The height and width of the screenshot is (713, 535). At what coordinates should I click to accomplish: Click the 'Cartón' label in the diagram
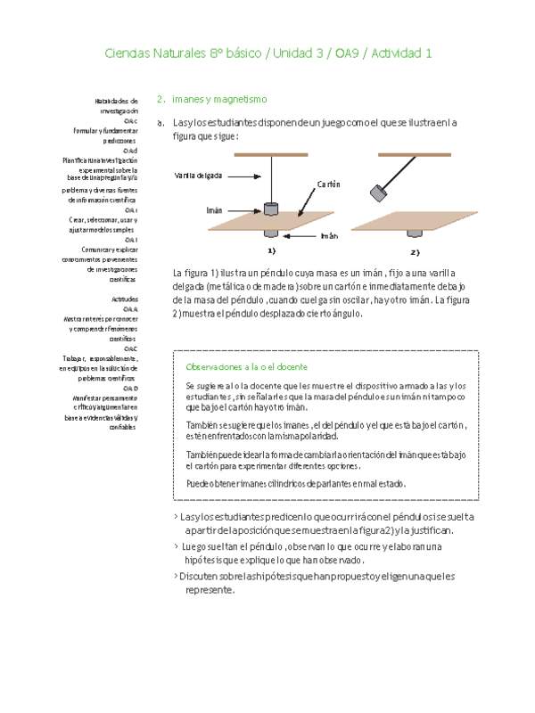pos(328,184)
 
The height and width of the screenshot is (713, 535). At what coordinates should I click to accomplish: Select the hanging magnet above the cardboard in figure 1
pos(272,209)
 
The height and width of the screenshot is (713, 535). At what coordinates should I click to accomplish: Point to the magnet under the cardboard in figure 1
pos(273,234)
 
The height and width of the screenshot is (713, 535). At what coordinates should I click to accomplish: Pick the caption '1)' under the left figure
pos(272,252)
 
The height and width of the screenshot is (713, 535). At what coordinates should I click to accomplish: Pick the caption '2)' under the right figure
pos(415,252)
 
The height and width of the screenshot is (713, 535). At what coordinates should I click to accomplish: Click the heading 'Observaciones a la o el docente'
pos(246,367)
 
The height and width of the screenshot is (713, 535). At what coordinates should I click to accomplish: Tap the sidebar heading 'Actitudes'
pos(125,299)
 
